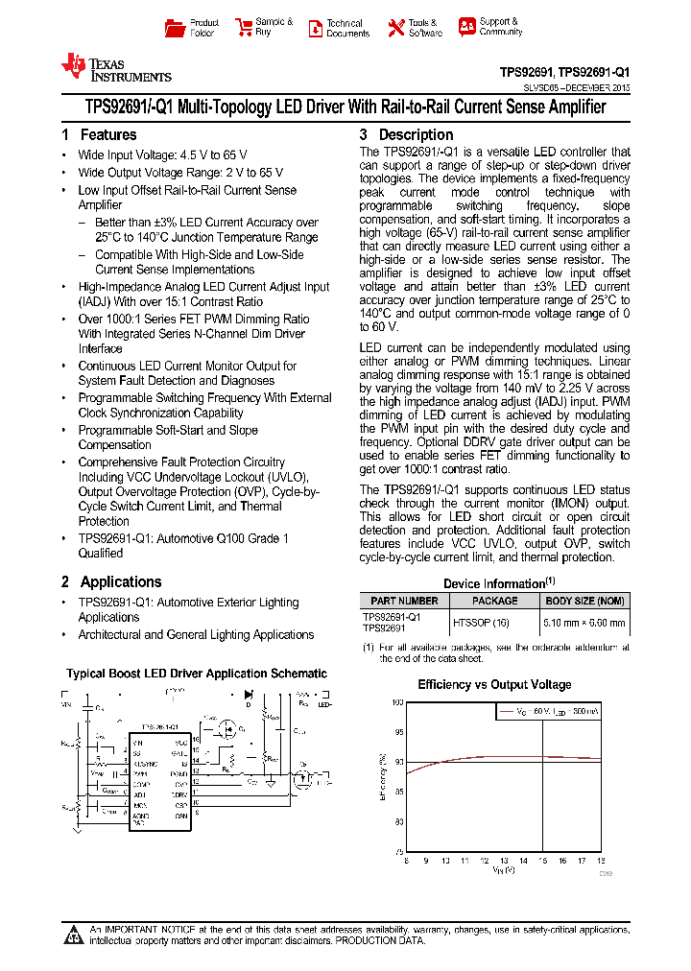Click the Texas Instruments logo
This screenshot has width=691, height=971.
(x=115, y=67)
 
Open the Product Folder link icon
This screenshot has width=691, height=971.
(x=174, y=28)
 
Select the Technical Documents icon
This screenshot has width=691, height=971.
(x=315, y=28)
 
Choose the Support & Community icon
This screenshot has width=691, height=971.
(x=466, y=27)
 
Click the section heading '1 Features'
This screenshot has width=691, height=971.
(x=99, y=135)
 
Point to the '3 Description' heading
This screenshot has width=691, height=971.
(x=406, y=135)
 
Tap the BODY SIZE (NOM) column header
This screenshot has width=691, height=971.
(x=584, y=601)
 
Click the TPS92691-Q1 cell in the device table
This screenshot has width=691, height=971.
(x=391, y=616)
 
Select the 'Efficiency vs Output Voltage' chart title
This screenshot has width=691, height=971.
(x=494, y=684)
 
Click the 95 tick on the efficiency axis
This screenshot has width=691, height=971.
(x=398, y=732)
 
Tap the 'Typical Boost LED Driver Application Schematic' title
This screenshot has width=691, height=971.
(x=197, y=674)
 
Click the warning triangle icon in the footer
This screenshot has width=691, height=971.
(x=73, y=935)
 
